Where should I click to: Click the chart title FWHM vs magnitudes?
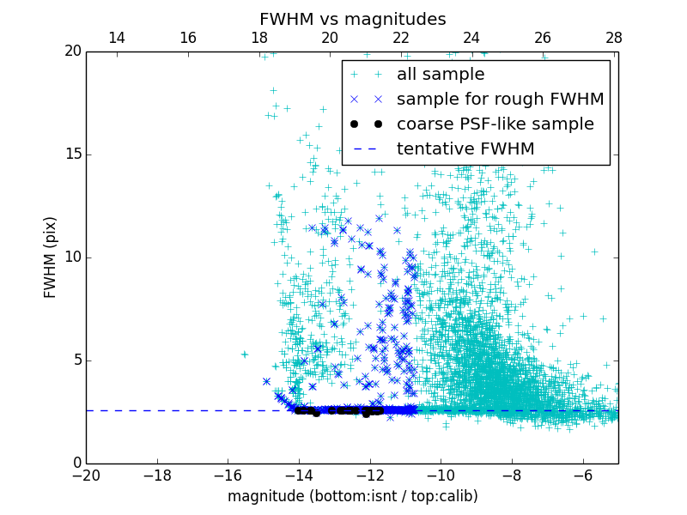(x=352, y=19)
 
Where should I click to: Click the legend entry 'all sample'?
(x=440, y=75)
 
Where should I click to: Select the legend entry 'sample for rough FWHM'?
(x=500, y=100)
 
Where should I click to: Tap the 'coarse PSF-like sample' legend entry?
(x=495, y=124)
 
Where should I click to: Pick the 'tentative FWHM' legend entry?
(x=465, y=149)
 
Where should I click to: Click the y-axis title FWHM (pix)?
(x=51, y=257)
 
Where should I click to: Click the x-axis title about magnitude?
(x=352, y=496)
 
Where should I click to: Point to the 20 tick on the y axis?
(x=72, y=51)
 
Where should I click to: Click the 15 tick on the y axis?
(x=72, y=154)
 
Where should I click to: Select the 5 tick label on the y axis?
(x=76, y=360)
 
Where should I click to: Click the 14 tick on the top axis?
(x=116, y=38)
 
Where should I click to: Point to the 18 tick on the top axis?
(x=258, y=38)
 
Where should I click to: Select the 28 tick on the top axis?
(x=613, y=38)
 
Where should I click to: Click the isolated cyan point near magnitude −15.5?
(x=244, y=354)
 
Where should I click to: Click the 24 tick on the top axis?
(x=471, y=38)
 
